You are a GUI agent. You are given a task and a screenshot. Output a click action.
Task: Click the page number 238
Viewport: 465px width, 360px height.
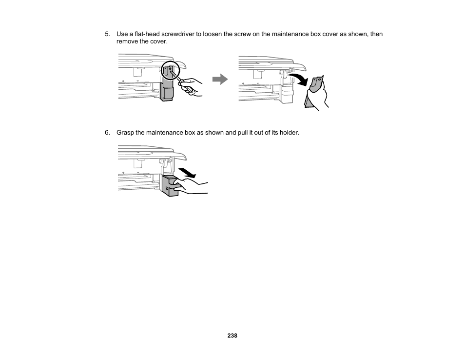click(232, 336)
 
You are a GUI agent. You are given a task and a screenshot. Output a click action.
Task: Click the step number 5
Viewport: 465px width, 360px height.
click(107, 34)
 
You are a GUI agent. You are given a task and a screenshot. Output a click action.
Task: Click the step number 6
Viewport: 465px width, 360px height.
click(107, 132)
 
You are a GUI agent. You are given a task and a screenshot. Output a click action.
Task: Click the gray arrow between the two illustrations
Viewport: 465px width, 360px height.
click(220, 80)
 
